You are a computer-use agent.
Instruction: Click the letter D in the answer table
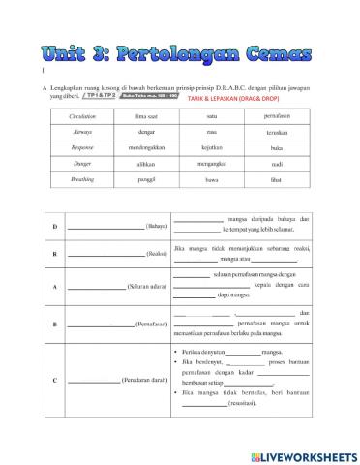click(x=54, y=226)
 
